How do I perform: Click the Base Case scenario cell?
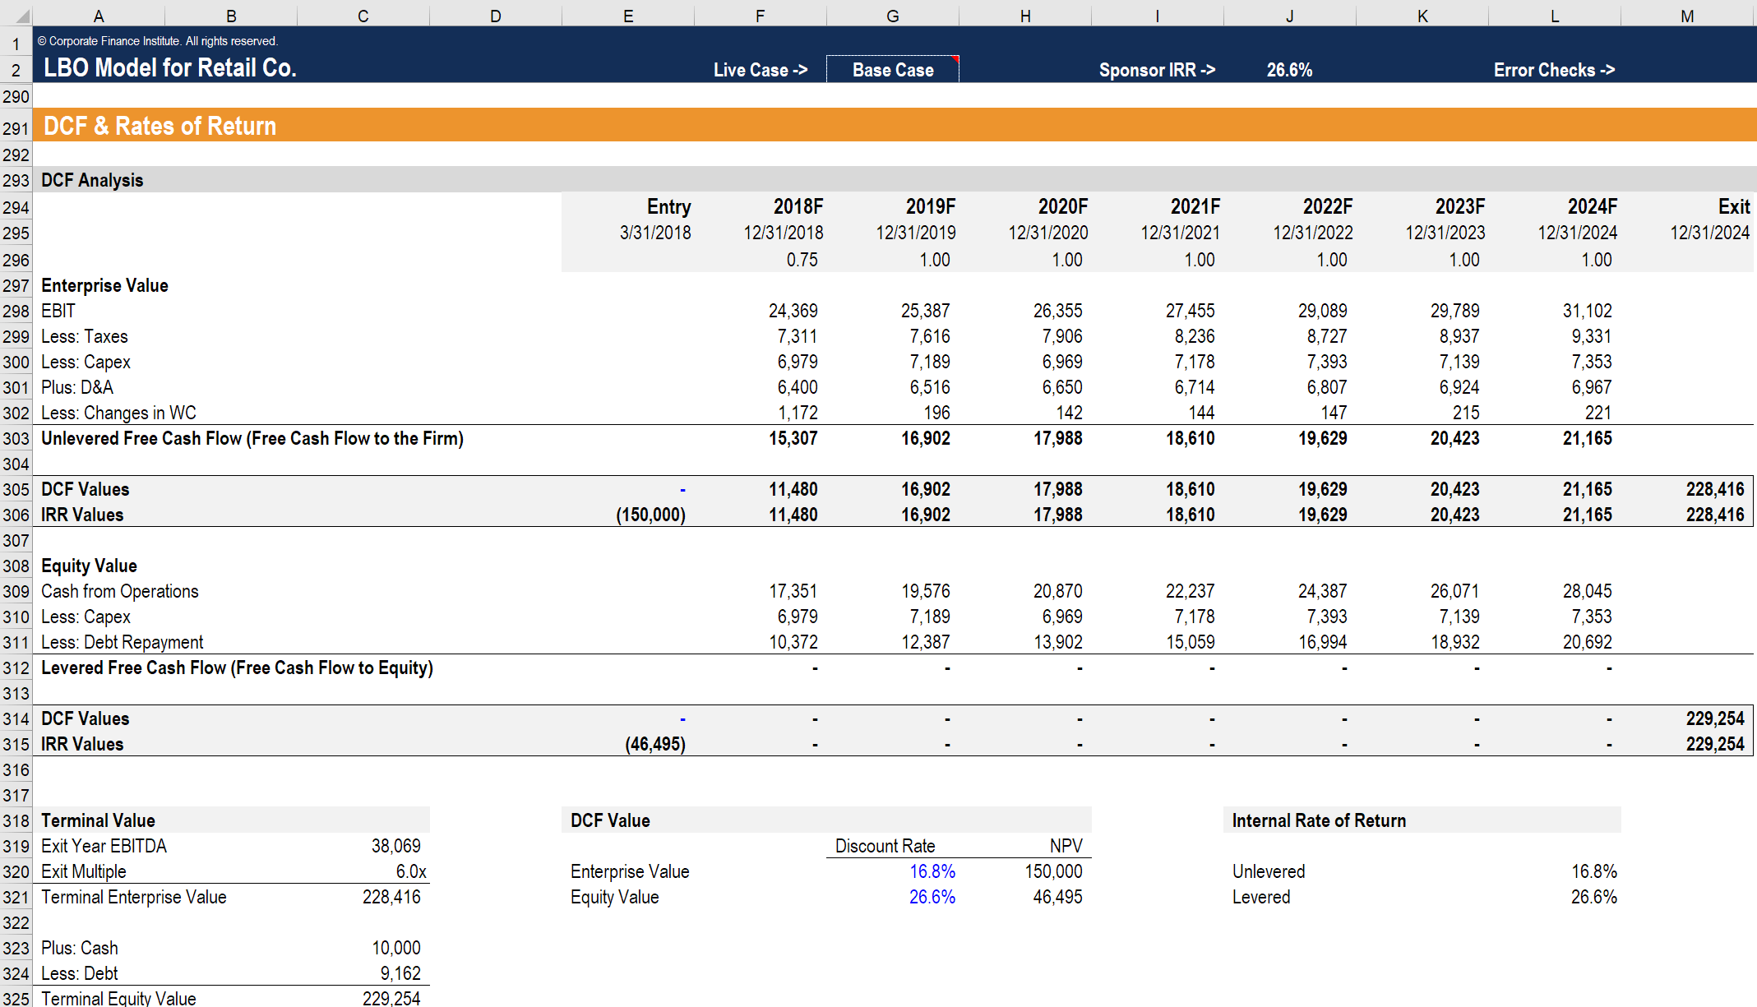pyautogui.click(x=892, y=70)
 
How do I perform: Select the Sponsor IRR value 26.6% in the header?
pyautogui.click(x=1288, y=70)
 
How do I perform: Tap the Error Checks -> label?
pyautogui.click(x=1553, y=70)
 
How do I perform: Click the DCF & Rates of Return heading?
pyautogui.click(x=160, y=126)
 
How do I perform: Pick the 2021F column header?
pyautogui.click(x=1195, y=206)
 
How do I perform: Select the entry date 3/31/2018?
pyautogui.click(x=654, y=233)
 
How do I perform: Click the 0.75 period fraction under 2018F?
pyautogui.click(x=802, y=260)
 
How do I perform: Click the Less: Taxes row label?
pyautogui.click(x=85, y=336)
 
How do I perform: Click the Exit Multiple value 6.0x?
pyautogui.click(x=410, y=871)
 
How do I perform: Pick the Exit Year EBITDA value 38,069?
pyautogui.click(x=395, y=846)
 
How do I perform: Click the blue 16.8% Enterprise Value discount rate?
pyautogui.click(x=932, y=871)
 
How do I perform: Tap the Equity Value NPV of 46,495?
pyautogui.click(x=1057, y=897)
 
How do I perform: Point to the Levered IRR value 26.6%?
pyautogui.click(x=1593, y=897)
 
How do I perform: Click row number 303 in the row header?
pyautogui.click(x=16, y=438)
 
